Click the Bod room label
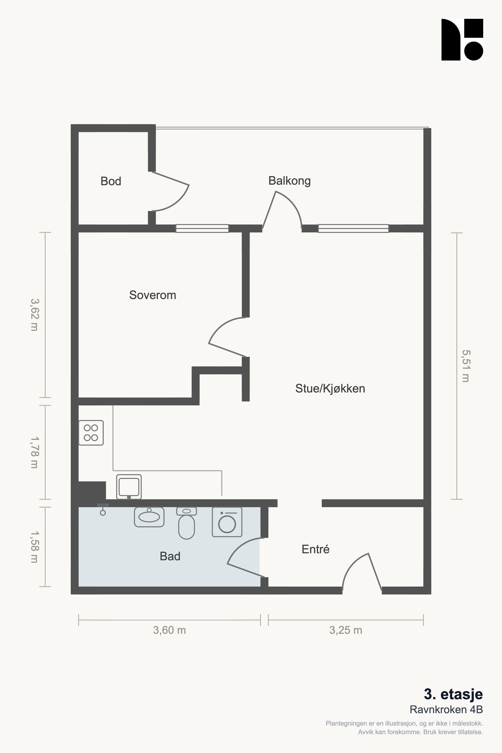(x=111, y=181)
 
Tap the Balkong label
(x=289, y=181)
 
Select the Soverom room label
(x=153, y=295)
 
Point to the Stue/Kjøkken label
(x=330, y=388)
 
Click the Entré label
(x=315, y=549)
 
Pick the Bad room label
(x=170, y=556)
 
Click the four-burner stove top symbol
(x=91, y=433)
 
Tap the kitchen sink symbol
(x=129, y=486)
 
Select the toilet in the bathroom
(x=187, y=523)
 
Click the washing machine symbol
(x=227, y=522)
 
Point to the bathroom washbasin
(x=149, y=517)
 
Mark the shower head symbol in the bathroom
(x=103, y=509)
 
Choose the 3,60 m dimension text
(x=169, y=630)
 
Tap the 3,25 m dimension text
(x=346, y=630)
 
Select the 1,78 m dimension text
(x=34, y=452)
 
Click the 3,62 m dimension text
(x=34, y=315)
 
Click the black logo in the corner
(x=462, y=39)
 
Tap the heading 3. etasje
(x=453, y=694)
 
